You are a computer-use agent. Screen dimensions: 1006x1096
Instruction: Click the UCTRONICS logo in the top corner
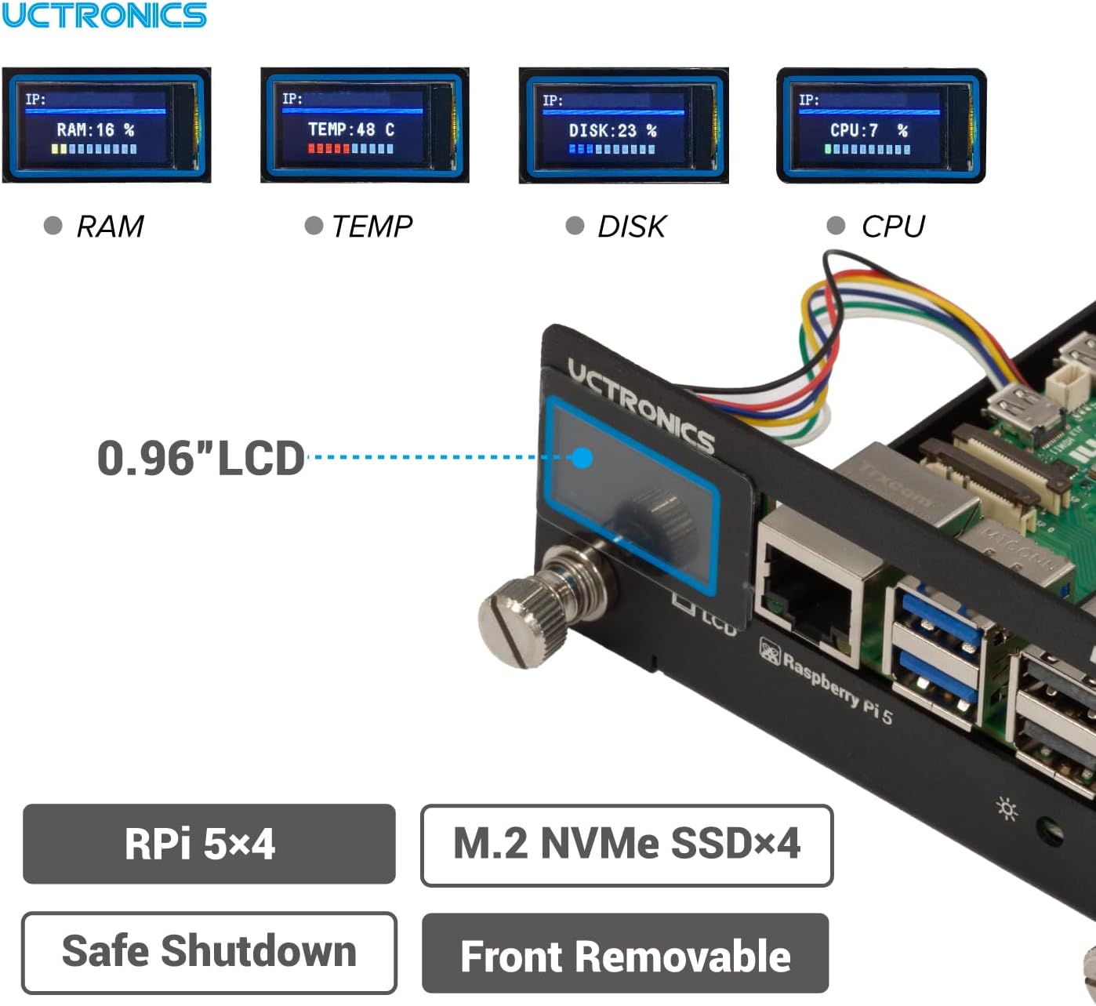(x=103, y=15)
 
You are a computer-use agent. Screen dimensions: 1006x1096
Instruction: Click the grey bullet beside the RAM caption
(x=53, y=226)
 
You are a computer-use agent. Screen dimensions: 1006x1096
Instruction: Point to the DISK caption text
(x=631, y=227)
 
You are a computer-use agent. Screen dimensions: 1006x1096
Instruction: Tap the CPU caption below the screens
(x=892, y=227)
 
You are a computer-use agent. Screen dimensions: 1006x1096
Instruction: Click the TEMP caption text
(x=372, y=227)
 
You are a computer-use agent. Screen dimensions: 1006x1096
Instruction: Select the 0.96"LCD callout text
(x=201, y=458)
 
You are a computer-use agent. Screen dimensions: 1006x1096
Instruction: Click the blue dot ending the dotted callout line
(x=582, y=458)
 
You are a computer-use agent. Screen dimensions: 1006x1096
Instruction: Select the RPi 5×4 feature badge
(x=209, y=844)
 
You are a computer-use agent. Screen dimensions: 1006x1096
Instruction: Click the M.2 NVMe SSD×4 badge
(x=626, y=844)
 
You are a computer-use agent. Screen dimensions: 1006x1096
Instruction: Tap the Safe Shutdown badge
(x=209, y=952)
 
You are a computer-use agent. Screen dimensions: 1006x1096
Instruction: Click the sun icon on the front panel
(x=1007, y=808)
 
